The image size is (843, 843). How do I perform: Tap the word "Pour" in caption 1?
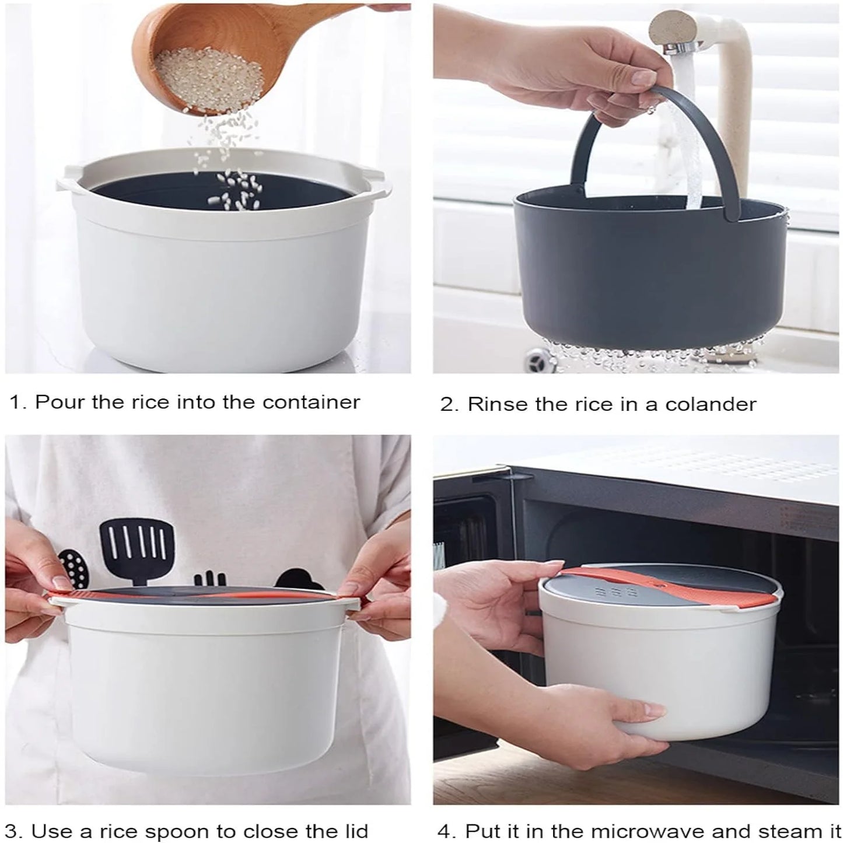58,403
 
